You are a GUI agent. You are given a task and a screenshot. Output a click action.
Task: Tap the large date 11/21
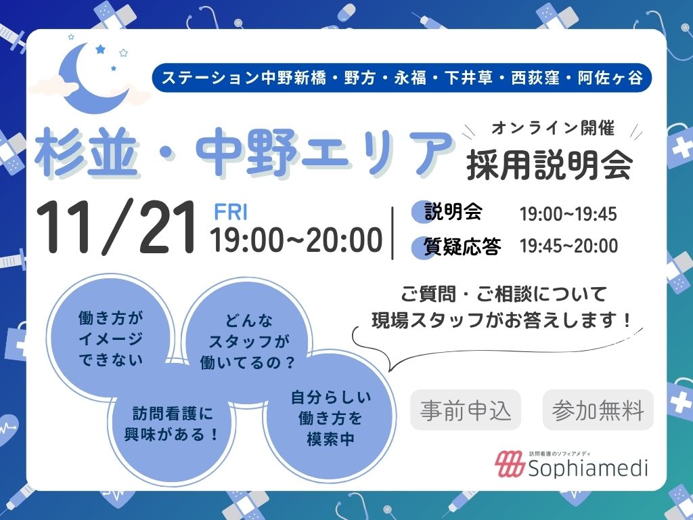(116, 227)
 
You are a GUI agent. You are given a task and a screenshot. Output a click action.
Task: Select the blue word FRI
(231, 212)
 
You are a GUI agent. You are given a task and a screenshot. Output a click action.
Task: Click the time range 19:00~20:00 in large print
(296, 240)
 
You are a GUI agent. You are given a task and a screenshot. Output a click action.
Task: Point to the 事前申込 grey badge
(466, 410)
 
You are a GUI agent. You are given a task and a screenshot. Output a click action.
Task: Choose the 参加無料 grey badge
(598, 410)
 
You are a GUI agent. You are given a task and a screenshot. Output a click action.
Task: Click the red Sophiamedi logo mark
(509, 464)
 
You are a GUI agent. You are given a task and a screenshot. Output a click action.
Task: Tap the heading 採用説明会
(550, 165)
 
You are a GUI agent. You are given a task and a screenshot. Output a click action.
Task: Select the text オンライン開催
(553, 128)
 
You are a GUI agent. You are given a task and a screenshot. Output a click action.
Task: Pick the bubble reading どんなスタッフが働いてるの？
(248, 341)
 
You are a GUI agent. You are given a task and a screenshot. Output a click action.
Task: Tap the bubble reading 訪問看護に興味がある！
(172, 425)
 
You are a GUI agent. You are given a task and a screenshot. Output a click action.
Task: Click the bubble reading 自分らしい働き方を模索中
(330, 418)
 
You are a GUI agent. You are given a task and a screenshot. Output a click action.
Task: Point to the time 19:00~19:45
(568, 214)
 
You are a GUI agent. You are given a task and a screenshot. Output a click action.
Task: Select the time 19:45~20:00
(568, 246)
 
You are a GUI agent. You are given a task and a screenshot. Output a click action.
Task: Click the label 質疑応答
(462, 246)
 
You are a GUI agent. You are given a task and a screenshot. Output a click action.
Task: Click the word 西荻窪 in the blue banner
(535, 78)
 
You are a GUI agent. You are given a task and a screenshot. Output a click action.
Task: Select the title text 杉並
(86, 152)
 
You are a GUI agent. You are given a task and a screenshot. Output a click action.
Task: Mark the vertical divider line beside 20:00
(393, 233)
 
